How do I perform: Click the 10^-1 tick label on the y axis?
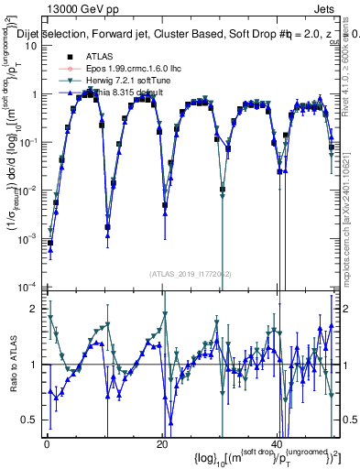30,142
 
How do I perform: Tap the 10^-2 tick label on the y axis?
30,191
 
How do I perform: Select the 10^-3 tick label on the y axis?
30,238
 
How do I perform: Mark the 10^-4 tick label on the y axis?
30,287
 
